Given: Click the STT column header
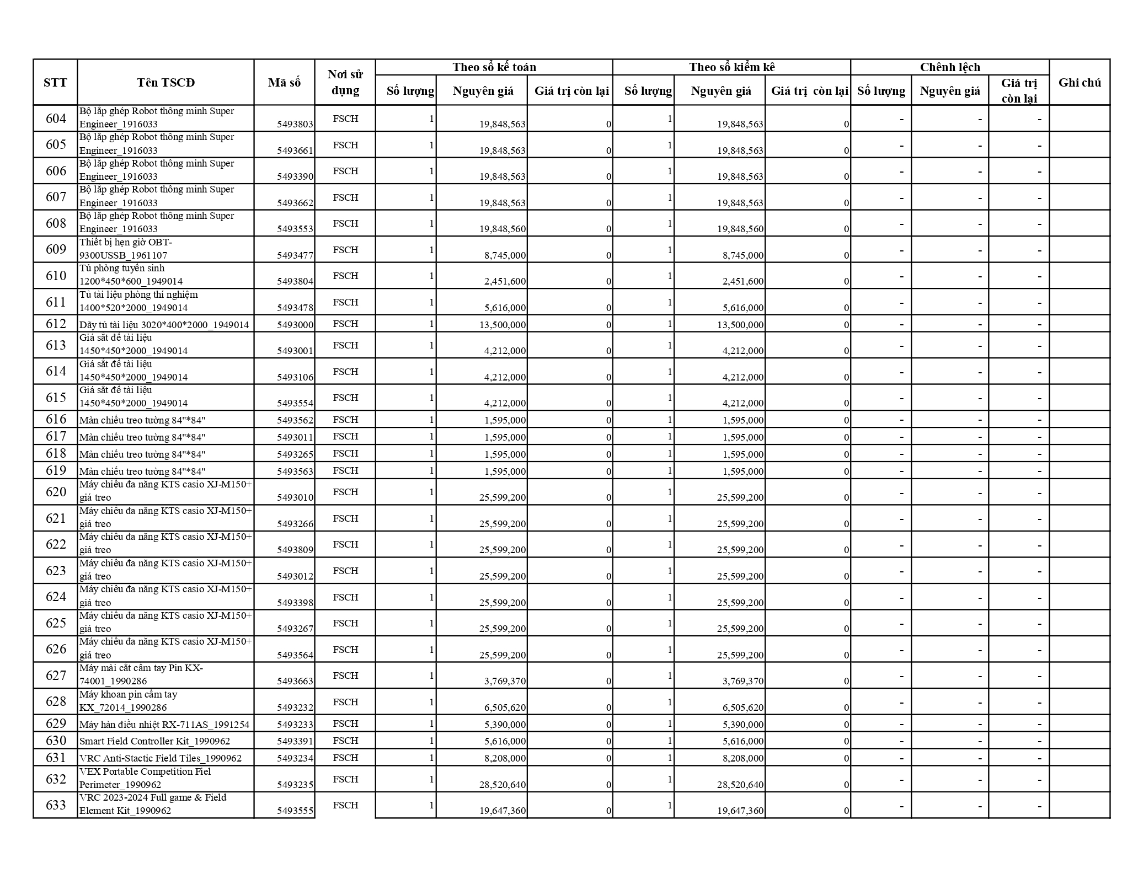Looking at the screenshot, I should (x=55, y=83).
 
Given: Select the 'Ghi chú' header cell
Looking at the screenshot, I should (x=1079, y=83).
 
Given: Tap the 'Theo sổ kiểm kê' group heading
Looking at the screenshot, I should (x=731, y=67).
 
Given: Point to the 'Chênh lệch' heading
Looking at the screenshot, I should (x=949, y=67).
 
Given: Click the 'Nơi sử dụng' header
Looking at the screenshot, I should (x=345, y=83).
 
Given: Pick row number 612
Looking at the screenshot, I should (x=55, y=324).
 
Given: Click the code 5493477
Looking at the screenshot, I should (x=295, y=255).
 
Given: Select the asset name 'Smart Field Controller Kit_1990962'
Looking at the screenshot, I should (x=155, y=741).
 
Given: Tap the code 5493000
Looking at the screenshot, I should (x=295, y=325).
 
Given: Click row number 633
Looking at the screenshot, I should (x=55, y=805).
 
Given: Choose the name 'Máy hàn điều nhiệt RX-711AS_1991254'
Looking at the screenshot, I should (x=164, y=724).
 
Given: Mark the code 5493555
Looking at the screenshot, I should (x=295, y=811).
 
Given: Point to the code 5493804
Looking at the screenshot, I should (x=295, y=281).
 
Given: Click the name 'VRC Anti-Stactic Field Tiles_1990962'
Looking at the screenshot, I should (x=161, y=758).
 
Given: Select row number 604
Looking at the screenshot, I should (x=55, y=119).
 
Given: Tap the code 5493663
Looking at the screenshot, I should (x=295, y=681).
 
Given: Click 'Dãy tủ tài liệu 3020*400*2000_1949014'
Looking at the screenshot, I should (x=164, y=325).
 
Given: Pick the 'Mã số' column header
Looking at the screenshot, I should (x=284, y=83).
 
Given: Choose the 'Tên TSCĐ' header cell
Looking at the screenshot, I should (x=165, y=83).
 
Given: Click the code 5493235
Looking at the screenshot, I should (x=295, y=785).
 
